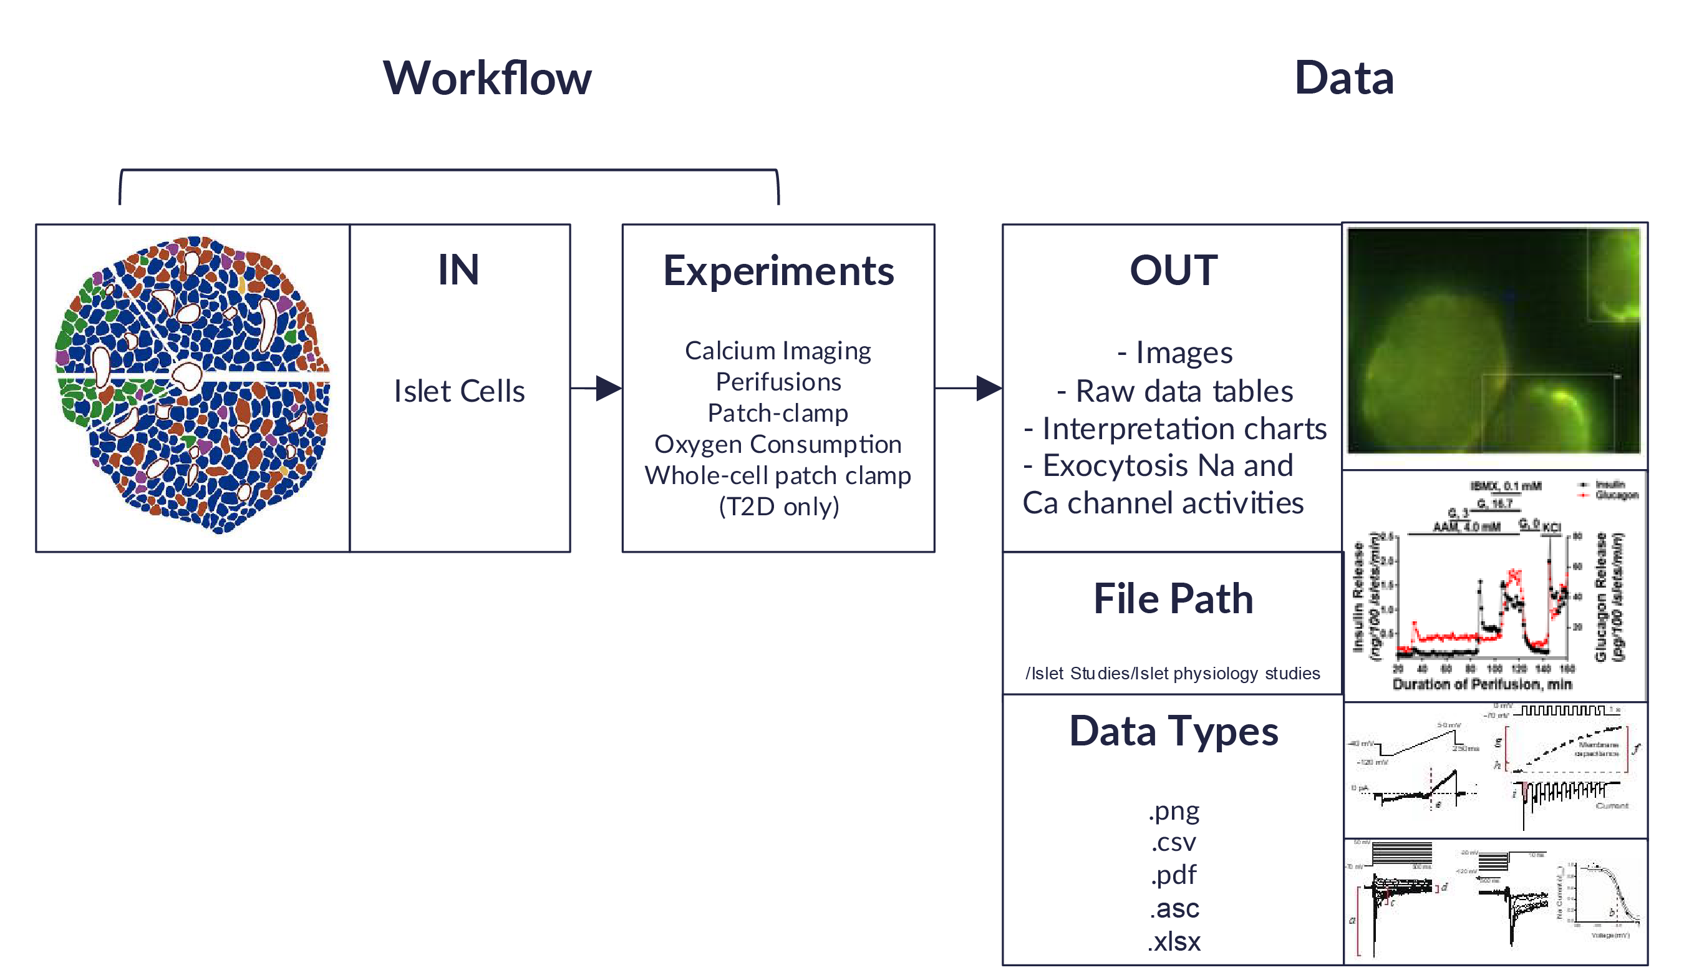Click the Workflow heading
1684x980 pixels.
486,78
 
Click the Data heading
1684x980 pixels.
1343,78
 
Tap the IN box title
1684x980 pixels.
458,270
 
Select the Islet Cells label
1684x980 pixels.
459,391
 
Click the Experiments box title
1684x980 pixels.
778,271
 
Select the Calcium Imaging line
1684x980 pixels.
778,351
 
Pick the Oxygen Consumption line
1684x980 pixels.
778,444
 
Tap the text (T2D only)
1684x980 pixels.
778,507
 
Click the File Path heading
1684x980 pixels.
1173,598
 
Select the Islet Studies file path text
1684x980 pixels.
1173,673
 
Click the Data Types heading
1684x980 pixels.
1173,730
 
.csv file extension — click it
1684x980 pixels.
1173,842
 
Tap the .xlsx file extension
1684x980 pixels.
1173,941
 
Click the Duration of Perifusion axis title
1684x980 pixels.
1481,684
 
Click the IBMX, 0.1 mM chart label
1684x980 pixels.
1505,486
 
